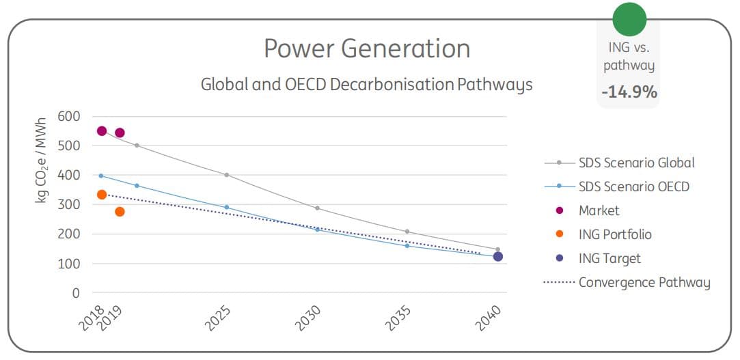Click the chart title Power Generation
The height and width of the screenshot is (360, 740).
pyautogui.click(x=367, y=49)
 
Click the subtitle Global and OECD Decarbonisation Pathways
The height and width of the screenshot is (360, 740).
pyautogui.click(x=366, y=85)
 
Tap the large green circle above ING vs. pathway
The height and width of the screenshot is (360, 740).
pyautogui.click(x=629, y=20)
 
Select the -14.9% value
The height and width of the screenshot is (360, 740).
pyautogui.click(x=629, y=91)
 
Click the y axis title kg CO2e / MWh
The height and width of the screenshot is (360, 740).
pyautogui.click(x=42, y=164)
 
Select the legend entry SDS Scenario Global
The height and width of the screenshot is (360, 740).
pyautogui.click(x=636, y=163)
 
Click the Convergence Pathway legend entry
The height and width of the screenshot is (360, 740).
pyautogui.click(x=644, y=283)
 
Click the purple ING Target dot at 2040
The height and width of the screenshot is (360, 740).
pyautogui.click(x=498, y=257)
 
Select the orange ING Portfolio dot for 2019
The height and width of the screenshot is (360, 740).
pyautogui.click(x=120, y=212)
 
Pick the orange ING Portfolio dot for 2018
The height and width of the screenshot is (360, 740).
pyautogui.click(x=102, y=195)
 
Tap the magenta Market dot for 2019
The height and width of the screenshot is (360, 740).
pyautogui.click(x=120, y=133)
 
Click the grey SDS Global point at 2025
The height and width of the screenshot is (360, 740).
pyautogui.click(x=227, y=175)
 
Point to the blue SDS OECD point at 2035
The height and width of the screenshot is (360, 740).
pyautogui.click(x=407, y=245)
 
